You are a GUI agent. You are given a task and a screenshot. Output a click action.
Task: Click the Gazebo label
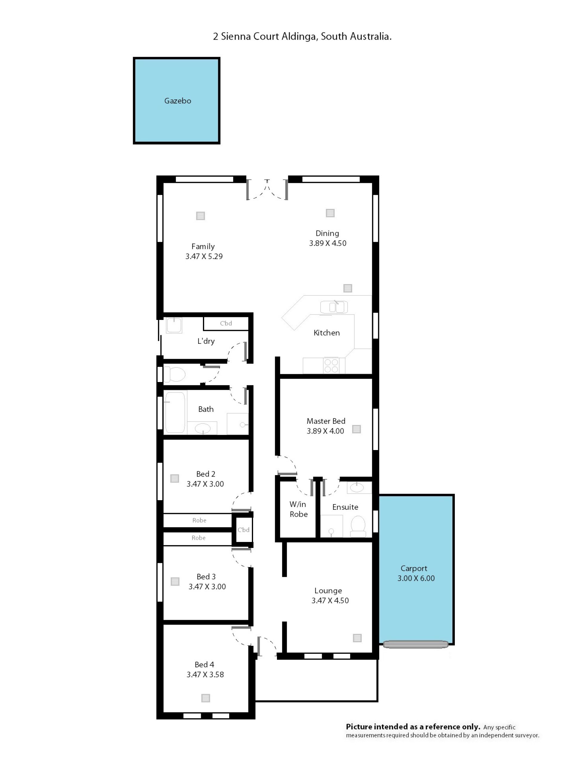178,101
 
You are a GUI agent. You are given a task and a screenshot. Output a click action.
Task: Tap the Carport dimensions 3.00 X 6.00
416,578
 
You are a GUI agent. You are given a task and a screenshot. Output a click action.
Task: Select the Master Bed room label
326,421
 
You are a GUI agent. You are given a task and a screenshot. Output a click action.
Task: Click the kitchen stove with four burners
331,366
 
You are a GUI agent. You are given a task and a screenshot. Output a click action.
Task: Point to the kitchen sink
334,307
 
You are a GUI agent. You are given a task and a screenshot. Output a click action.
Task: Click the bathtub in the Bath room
175,412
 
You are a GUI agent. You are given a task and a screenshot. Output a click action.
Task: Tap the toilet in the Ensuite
358,526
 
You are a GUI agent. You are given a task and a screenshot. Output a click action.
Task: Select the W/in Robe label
298,509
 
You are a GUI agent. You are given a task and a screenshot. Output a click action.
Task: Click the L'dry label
206,341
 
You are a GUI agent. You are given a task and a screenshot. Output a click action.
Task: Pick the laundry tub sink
174,325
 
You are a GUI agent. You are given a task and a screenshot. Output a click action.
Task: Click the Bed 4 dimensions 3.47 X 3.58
205,674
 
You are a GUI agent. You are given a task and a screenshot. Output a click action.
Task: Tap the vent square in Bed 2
174,478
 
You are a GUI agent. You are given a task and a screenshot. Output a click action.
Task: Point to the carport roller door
415,644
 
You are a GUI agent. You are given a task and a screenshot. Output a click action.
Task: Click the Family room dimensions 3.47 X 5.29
204,256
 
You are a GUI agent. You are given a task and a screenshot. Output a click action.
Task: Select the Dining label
327,233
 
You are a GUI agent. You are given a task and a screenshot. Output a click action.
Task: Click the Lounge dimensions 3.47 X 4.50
330,601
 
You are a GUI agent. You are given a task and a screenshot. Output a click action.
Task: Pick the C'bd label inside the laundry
226,323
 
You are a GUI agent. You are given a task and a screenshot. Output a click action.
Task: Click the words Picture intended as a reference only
413,727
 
